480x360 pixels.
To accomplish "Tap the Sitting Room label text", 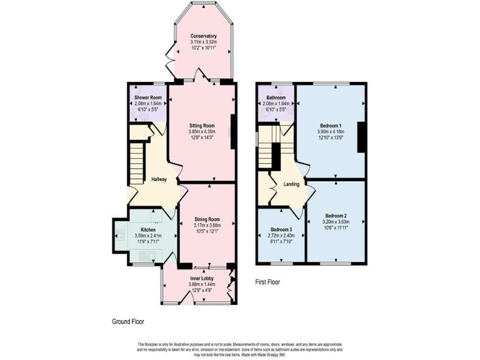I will [x=202, y=126].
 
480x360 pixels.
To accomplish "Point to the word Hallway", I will [x=159, y=180].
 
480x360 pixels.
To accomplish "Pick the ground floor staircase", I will [x=137, y=164].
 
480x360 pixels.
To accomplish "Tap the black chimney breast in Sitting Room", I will [x=233, y=132].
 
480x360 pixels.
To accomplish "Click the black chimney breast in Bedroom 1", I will [x=361, y=136].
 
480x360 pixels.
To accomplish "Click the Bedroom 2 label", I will [x=336, y=214].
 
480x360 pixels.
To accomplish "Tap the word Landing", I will [x=291, y=184].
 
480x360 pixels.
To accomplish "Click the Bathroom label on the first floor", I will [x=276, y=98].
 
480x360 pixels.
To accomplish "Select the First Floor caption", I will [x=267, y=282].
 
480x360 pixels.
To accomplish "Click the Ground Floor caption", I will [x=128, y=322].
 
